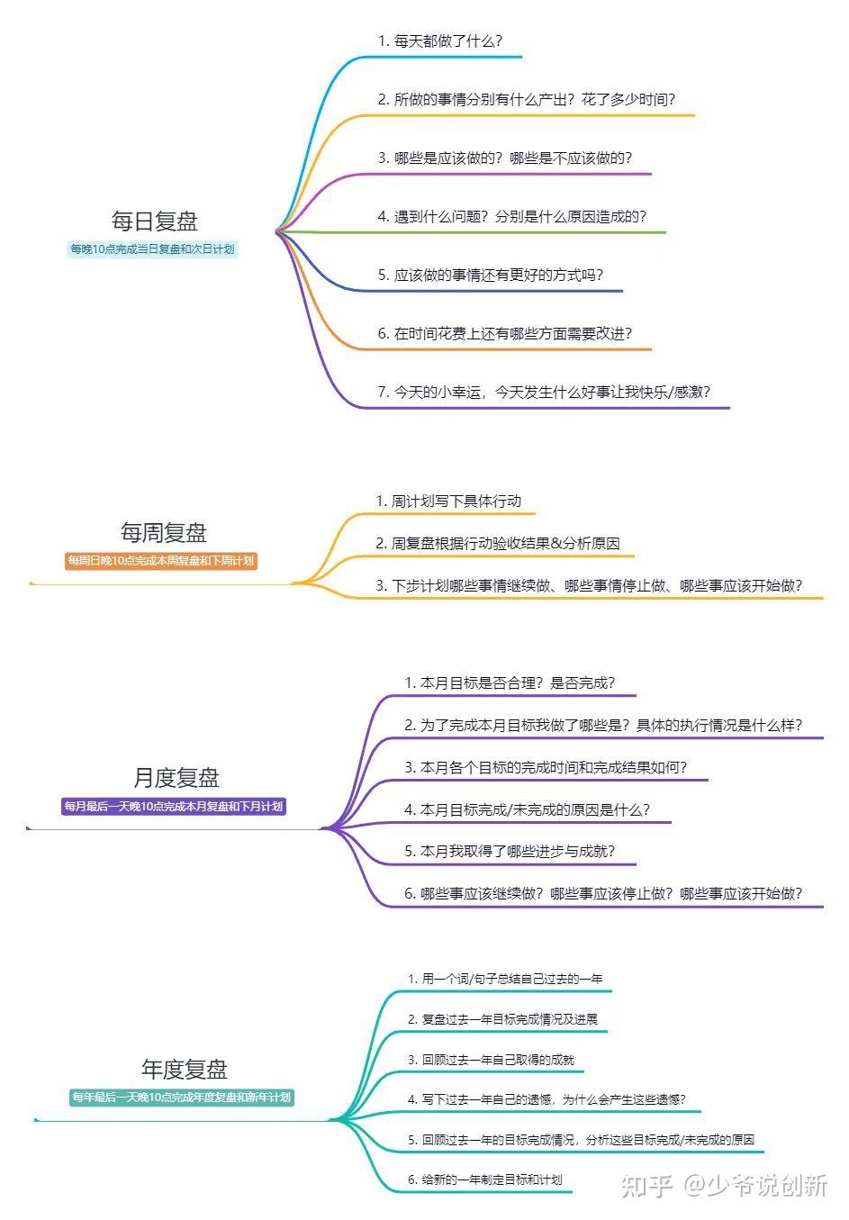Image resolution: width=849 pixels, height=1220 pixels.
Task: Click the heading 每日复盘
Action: coord(154,221)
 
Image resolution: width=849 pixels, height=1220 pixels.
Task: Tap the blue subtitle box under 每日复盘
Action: coord(152,249)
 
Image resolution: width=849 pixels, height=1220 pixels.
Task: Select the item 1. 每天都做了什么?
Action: coord(439,41)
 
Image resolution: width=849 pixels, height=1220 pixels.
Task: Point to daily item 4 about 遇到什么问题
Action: coord(511,216)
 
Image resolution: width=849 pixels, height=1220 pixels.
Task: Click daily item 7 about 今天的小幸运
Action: coord(544,392)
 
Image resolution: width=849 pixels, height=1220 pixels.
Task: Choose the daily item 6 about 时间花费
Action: coord(504,333)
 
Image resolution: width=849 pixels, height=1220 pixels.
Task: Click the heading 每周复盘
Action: coord(163,532)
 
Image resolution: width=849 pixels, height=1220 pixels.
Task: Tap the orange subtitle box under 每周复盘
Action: coord(161,560)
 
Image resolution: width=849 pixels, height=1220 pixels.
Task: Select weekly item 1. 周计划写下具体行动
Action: coord(448,501)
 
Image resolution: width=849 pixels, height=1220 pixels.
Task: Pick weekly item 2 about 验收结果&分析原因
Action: coord(497,543)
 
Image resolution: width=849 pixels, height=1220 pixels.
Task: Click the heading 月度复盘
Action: coord(176,777)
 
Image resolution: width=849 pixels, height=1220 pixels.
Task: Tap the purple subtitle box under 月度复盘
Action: coord(174,806)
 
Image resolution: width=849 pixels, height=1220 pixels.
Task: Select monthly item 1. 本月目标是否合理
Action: coord(510,682)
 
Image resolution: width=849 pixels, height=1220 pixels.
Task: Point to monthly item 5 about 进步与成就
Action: coord(510,851)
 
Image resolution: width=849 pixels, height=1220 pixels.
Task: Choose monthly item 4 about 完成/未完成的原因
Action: coord(527,809)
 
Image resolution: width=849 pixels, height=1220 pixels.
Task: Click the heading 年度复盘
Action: coord(184,1069)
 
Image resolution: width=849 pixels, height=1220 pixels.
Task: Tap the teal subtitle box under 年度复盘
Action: coord(182,1097)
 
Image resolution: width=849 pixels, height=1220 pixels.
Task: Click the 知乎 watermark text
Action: coord(646,1185)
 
